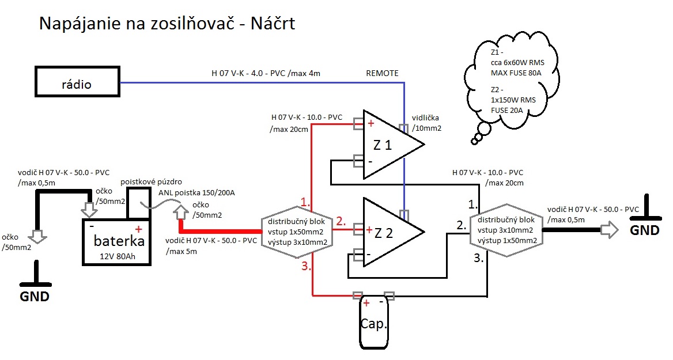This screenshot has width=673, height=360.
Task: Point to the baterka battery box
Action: click(115, 242)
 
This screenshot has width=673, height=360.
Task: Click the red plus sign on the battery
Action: click(138, 229)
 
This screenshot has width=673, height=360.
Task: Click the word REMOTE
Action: click(382, 73)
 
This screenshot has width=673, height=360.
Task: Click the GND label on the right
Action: click(644, 230)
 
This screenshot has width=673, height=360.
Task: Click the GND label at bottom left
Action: click(35, 297)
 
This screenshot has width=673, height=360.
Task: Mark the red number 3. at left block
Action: click(305, 267)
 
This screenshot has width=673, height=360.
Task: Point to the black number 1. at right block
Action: click(473, 203)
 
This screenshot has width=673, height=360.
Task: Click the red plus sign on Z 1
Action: click(370, 123)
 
